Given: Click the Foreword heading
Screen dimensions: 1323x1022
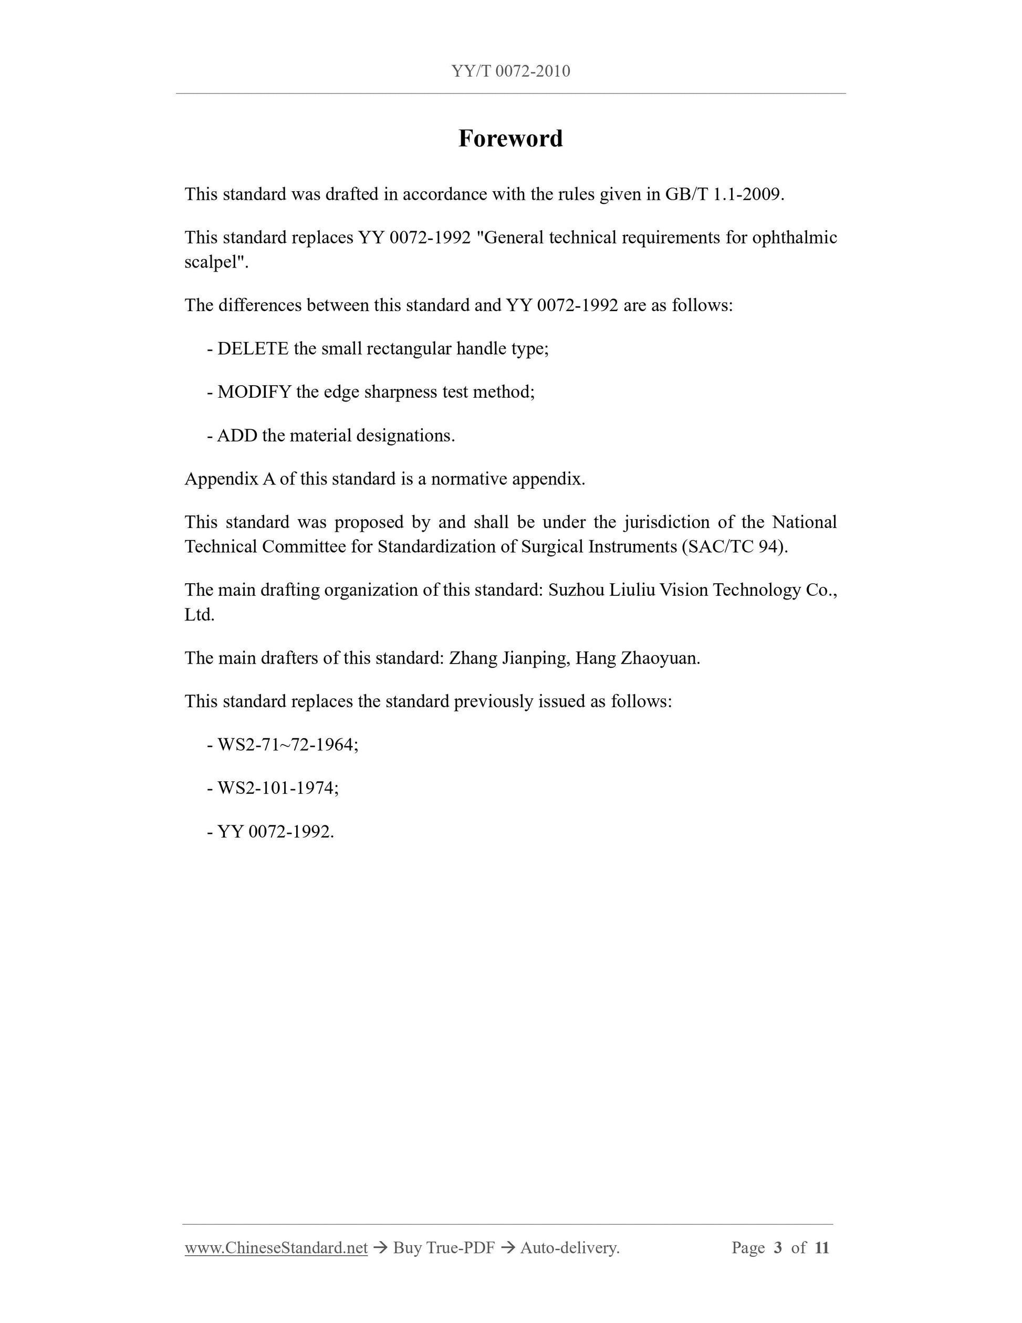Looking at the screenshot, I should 510,139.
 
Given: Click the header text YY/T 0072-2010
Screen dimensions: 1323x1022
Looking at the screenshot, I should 510,71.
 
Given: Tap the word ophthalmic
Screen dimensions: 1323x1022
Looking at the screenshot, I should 795,237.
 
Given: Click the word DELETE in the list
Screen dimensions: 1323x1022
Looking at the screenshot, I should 253,349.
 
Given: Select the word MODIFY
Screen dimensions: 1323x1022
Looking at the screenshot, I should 254,392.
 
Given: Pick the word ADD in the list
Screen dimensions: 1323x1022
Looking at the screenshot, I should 237,436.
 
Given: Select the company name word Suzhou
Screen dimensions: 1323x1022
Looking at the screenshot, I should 576,590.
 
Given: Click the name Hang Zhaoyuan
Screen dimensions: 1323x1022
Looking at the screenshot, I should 637,658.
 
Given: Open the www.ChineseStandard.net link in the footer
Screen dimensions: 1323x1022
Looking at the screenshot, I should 276,1248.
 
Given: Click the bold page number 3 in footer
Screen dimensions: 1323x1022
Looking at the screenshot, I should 778,1248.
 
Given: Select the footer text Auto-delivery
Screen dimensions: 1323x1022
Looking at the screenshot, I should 569,1248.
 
